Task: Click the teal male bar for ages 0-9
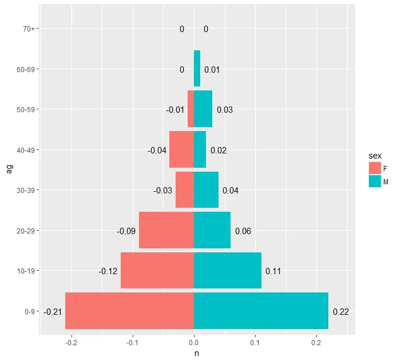261,311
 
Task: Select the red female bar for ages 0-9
129,311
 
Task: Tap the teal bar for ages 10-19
228,271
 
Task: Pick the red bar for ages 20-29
166,230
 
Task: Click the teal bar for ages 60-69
197,69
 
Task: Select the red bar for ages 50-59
191,109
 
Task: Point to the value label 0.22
340,312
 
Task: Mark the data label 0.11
273,271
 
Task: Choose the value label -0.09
126,231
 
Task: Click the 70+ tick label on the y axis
29,29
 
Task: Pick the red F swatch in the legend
375,167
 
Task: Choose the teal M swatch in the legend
375,181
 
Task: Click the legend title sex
375,155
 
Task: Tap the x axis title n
197,353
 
